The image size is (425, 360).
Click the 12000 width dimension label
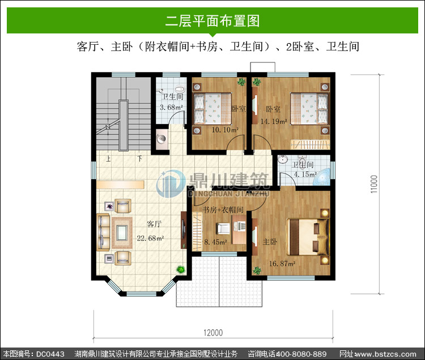tap(213, 333)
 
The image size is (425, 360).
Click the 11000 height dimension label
tap(374, 184)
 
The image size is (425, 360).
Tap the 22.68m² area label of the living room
tap(150, 238)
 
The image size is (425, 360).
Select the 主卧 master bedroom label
tap(270, 242)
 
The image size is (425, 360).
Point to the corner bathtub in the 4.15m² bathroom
tap(322, 177)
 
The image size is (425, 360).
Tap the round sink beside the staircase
tap(161, 139)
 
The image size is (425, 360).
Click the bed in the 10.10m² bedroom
tap(212, 109)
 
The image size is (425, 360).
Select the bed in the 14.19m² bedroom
tap(309, 109)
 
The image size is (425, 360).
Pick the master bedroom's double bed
tap(308, 236)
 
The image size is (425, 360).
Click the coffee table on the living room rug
tap(122, 232)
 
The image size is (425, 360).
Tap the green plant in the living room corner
tap(181, 269)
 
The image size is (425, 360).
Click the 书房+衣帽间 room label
tap(223, 210)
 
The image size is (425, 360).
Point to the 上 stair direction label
tap(108, 158)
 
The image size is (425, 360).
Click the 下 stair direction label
tap(139, 158)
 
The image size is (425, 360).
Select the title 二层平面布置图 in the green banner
tap(212, 20)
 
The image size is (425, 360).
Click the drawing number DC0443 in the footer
tap(50, 354)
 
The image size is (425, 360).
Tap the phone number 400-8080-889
tap(301, 354)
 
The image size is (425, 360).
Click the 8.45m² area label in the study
tap(216, 242)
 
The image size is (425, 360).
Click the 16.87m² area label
tap(282, 264)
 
